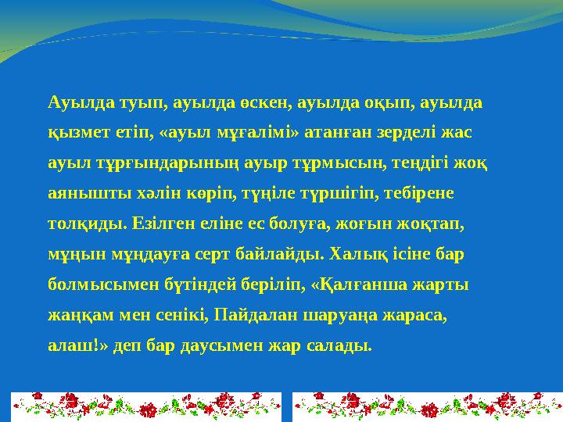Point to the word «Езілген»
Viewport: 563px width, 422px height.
(x=177, y=224)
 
